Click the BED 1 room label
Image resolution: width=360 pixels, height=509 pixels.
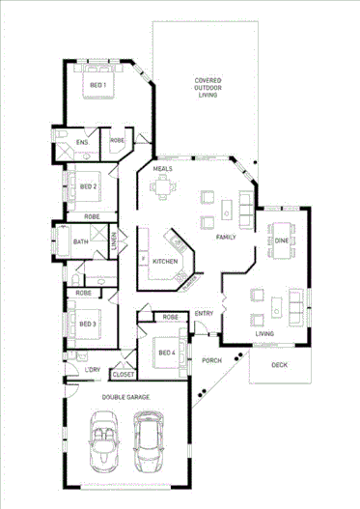pos(97,85)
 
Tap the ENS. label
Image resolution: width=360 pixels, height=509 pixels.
pos(83,142)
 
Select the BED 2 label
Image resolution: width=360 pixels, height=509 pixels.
pos(88,186)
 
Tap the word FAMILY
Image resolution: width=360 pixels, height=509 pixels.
pos(226,237)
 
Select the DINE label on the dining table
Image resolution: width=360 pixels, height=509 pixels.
pos(281,240)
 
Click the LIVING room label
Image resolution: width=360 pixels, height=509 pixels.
pos(264,334)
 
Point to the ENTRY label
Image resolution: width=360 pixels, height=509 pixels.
pos(204,313)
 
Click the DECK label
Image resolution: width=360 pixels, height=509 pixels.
pos(279,365)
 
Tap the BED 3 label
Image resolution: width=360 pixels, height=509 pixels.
pos(88,324)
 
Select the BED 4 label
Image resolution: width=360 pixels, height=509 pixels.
pos(165,353)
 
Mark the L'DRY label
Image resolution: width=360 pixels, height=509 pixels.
pos(93,371)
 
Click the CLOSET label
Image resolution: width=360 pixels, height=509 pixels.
pos(123,374)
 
